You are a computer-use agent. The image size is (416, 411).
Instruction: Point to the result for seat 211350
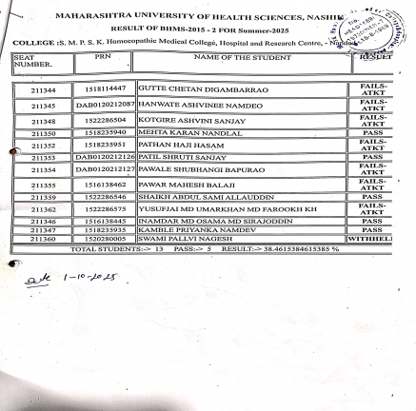click(x=372, y=134)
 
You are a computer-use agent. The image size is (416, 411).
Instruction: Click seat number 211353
click(x=43, y=157)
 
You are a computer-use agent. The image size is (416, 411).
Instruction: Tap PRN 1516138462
click(x=105, y=184)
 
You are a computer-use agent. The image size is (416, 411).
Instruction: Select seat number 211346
click(x=43, y=221)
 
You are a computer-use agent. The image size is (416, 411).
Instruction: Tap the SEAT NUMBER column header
click(x=30, y=63)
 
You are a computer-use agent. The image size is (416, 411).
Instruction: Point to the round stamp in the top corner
click(x=378, y=24)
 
